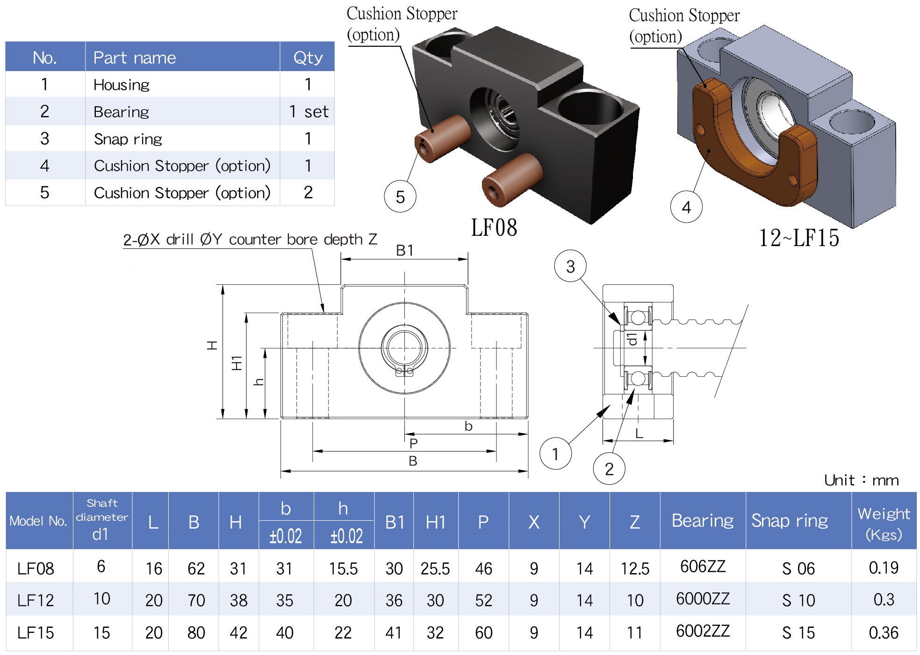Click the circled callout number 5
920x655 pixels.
[x=400, y=196]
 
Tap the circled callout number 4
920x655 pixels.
[x=686, y=207]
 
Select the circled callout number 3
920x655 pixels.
[x=570, y=266]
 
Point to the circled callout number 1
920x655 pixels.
[x=555, y=453]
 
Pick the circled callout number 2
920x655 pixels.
[x=609, y=468]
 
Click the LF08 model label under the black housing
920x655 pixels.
[x=494, y=228]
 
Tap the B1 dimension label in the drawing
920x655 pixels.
[x=404, y=251]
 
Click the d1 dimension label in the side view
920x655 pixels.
[x=632, y=339]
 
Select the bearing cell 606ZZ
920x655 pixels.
[x=702, y=567]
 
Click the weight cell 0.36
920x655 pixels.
[x=883, y=633]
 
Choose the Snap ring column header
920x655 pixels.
[x=790, y=520]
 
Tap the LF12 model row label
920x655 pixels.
[x=36, y=600]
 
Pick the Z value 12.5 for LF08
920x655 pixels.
[x=634, y=568]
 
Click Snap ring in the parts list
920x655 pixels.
[x=128, y=139]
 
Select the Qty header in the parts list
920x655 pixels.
[x=308, y=58]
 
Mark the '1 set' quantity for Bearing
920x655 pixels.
[x=309, y=112]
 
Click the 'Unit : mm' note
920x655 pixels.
[x=861, y=480]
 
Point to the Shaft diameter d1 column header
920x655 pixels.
[x=101, y=519]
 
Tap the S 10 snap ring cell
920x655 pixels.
[x=798, y=600]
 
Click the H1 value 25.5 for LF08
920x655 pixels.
[x=435, y=568]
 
